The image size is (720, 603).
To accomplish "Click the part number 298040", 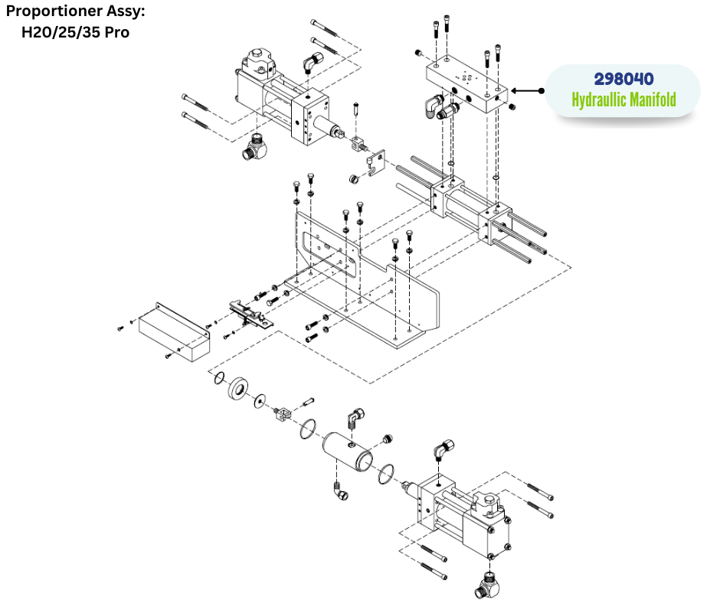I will (623, 79).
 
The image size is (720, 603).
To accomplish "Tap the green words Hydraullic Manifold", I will (623, 100).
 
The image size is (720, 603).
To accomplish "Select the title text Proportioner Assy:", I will (75, 13).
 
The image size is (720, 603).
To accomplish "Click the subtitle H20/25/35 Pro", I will (75, 33).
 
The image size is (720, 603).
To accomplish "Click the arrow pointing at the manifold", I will (527, 90).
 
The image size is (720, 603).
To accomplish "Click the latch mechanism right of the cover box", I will (248, 312).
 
